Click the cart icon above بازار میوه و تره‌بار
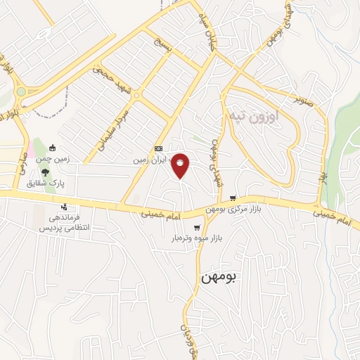(197, 227)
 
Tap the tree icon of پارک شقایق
(46, 171)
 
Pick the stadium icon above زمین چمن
(53, 148)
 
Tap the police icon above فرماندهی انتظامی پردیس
(64, 207)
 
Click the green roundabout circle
(21, 91)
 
